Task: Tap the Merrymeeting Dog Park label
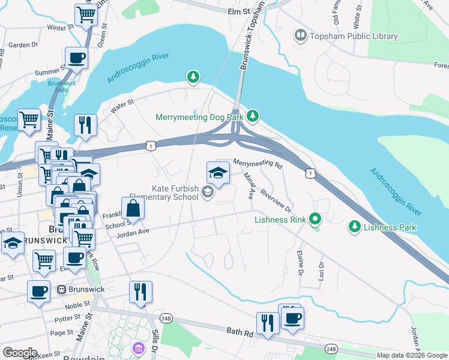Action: pyautogui.click(x=199, y=117)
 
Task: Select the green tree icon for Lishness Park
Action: pyautogui.click(x=355, y=227)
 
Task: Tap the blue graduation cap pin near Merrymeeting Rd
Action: pyautogui.click(x=218, y=173)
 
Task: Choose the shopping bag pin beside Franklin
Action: pyautogui.click(x=133, y=208)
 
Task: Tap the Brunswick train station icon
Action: pyautogui.click(x=61, y=289)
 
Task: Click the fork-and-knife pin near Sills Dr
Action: pyautogui.click(x=140, y=292)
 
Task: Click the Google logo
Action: pyautogui.click(x=20, y=352)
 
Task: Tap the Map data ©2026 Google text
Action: pyautogui.click(x=411, y=355)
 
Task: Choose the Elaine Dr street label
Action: pyautogui.click(x=300, y=263)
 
